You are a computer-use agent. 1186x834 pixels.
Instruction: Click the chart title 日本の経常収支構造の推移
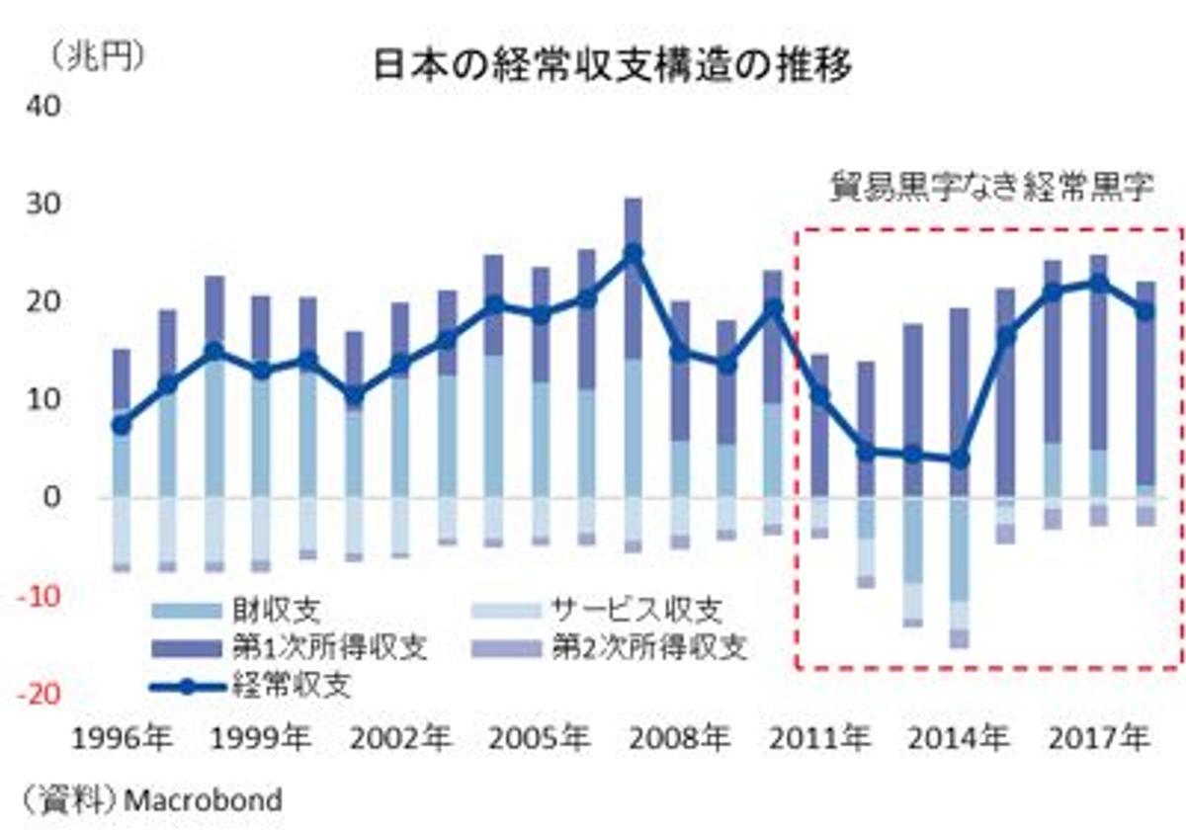click(613, 65)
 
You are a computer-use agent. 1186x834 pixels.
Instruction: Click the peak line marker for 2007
click(634, 253)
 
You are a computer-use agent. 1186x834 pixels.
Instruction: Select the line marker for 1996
click(121, 425)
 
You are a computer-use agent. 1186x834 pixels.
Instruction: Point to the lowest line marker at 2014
click(959, 459)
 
